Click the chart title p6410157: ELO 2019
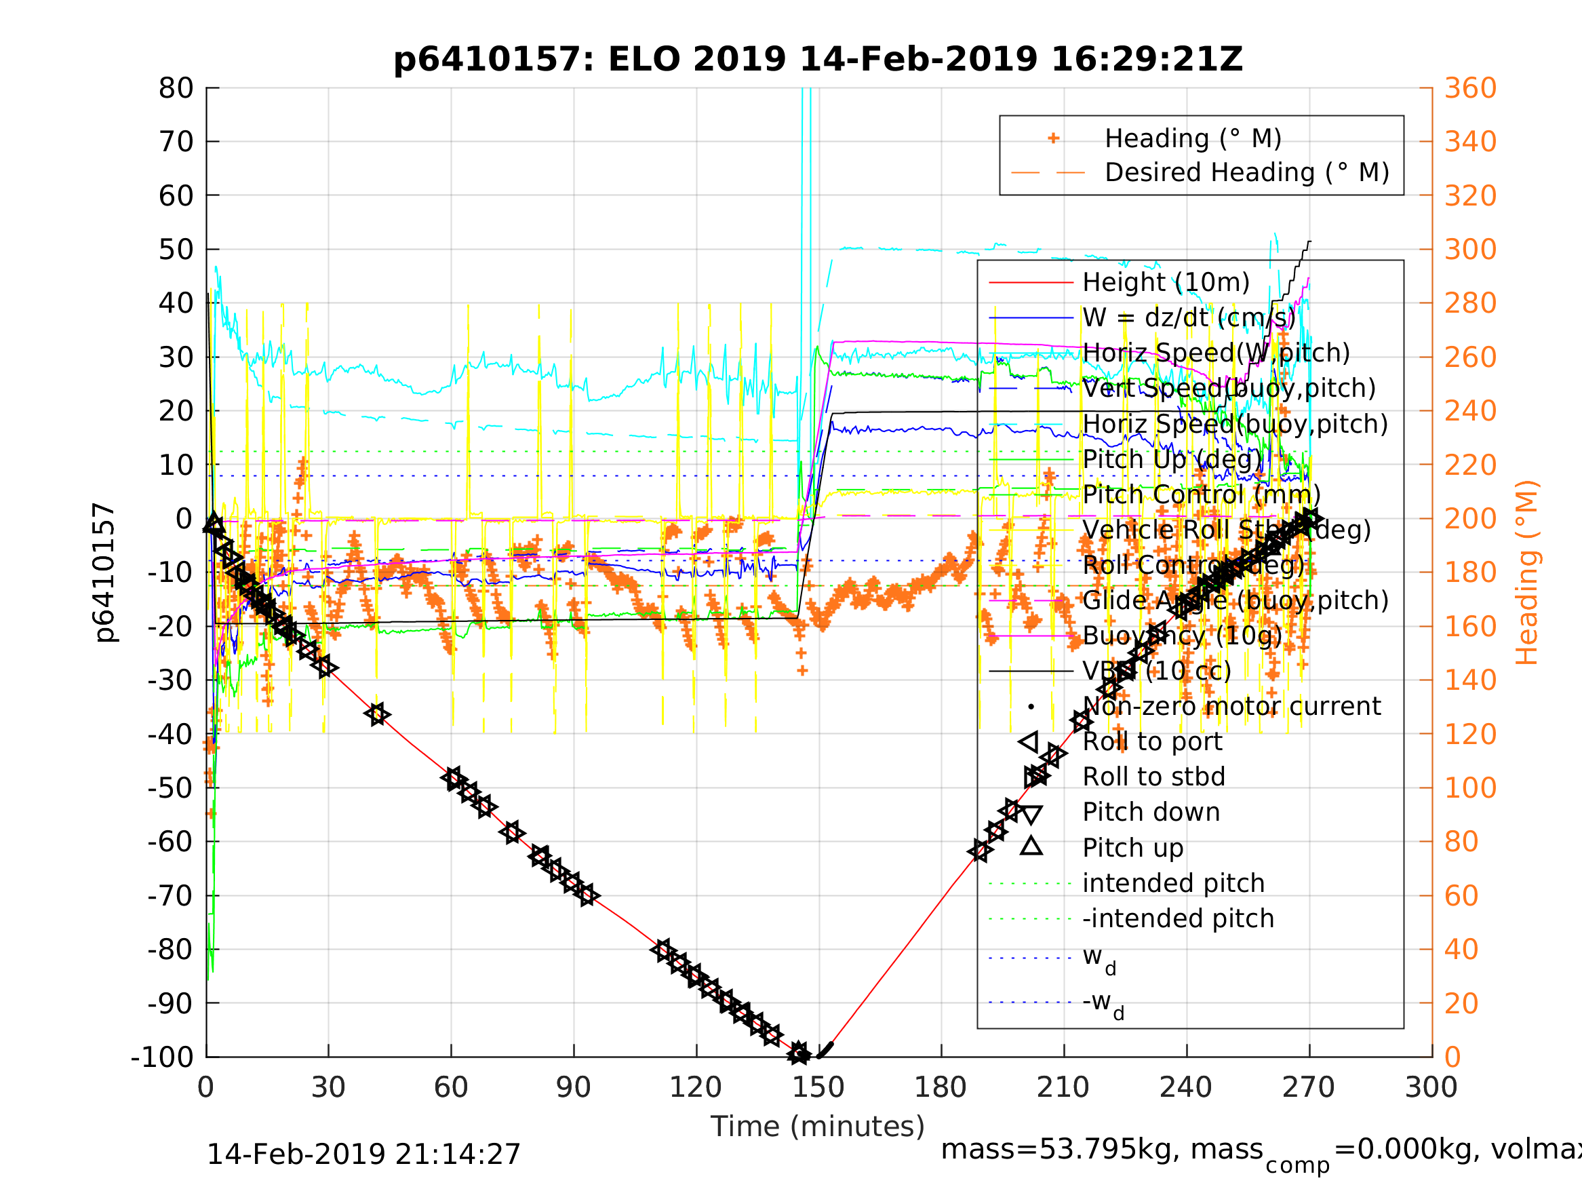pyautogui.click(x=818, y=60)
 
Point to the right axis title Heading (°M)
pyautogui.click(x=1527, y=572)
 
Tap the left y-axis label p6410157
pyautogui.click(x=104, y=572)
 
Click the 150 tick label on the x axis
pyautogui.click(x=818, y=1087)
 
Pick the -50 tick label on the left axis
pyautogui.click(x=170, y=787)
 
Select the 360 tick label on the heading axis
pyautogui.click(x=1470, y=88)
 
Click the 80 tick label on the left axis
pyautogui.click(x=176, y=88)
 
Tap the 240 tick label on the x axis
pyautogui.click(x=1186, y=1087)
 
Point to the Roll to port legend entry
pyautogui.click(x=1152, y=742)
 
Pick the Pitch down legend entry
pyautogui.click(x=1151, y=812)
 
